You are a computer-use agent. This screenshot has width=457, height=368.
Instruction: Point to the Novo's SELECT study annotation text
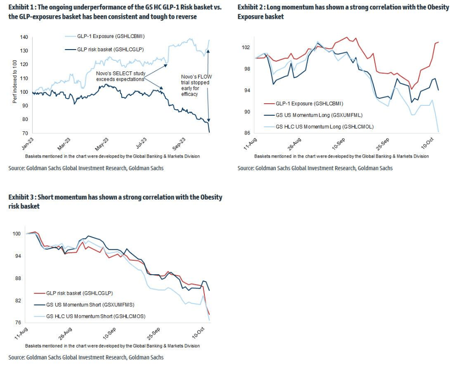[120, 76]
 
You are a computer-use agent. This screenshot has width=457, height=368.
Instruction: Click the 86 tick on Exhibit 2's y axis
[247, 133]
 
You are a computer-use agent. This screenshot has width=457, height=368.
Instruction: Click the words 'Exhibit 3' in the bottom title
[21, 197]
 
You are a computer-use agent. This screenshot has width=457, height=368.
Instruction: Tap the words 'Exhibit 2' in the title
[250, 8]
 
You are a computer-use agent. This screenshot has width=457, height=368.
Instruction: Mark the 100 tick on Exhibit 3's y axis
[16, 234]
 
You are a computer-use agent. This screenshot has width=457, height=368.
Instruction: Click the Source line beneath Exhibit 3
[86, 357]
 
